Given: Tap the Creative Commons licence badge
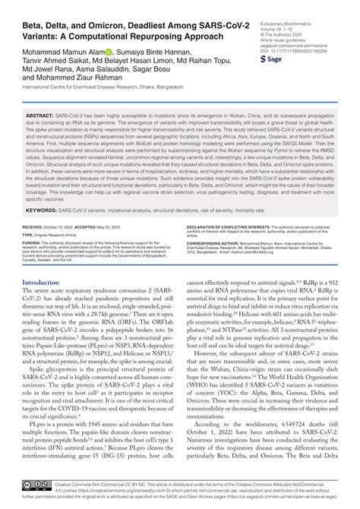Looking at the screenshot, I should point(36,485).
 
